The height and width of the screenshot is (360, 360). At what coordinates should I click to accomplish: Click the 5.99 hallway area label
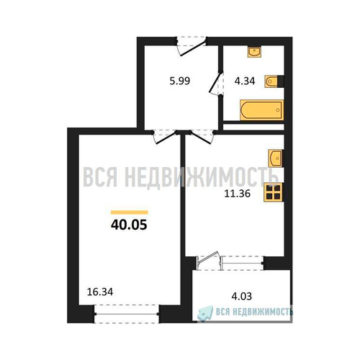180,81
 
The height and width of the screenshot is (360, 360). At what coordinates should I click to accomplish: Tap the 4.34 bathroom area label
245,81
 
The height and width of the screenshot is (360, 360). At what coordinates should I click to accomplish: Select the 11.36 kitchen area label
238,194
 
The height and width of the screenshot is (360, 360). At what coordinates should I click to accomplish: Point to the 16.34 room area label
100,292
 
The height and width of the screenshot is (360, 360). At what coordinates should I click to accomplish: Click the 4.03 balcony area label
242,297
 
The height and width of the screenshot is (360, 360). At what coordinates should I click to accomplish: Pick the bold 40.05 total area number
129,225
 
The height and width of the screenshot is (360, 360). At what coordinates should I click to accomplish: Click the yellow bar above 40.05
130,212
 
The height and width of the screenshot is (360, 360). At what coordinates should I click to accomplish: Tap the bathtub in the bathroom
261,110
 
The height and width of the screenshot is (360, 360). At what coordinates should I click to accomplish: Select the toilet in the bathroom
274,81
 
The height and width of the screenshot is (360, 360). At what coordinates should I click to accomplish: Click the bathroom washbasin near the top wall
254,52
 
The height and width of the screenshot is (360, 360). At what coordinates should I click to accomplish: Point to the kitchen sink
276,158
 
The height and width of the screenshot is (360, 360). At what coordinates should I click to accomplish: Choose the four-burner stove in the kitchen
274,192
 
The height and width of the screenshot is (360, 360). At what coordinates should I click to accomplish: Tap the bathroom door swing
216,83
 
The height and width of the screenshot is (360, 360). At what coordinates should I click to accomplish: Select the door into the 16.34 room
165,137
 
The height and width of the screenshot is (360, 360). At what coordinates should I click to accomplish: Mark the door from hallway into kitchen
201,137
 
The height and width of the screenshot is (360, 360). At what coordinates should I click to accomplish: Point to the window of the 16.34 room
127,314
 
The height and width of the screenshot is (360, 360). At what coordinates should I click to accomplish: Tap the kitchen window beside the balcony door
243,263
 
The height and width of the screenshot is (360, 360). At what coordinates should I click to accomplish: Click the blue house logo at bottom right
205,313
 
